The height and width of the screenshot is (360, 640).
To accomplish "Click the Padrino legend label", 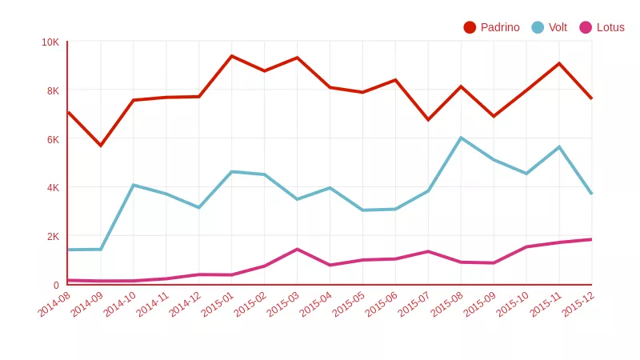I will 500,27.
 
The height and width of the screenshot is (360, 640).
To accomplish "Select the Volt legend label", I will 558,27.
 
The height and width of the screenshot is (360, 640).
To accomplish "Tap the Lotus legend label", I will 610,27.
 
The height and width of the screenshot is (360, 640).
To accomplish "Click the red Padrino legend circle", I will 470,27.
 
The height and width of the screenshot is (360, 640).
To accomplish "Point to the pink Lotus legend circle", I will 586,27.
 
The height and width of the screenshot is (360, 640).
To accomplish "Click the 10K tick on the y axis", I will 50,42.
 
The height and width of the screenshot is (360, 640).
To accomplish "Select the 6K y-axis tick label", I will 53,139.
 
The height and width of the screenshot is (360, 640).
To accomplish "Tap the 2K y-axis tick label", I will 53,236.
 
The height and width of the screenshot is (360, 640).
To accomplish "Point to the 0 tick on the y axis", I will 56,285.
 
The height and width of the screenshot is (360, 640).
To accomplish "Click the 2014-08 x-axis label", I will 54,305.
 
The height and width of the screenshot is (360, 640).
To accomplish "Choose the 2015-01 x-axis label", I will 218,305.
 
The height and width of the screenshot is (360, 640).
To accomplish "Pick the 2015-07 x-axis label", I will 414,305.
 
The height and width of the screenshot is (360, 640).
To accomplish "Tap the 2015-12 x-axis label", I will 578,305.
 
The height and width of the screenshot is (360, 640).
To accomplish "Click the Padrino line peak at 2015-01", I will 232,56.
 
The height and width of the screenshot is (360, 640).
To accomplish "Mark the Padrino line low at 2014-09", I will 101,146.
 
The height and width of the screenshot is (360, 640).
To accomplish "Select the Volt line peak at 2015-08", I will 461,138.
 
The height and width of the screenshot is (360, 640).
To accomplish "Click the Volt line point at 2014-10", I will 134,185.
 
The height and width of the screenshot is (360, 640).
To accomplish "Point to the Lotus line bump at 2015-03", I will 298,249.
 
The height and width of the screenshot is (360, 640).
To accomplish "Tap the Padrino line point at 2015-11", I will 559,63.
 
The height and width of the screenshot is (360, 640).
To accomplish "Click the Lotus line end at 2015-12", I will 591,239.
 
